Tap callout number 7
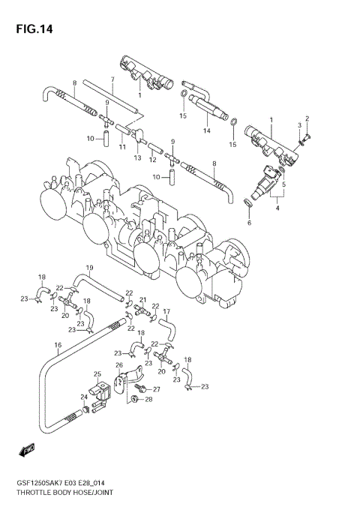tap(112, 79)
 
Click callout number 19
tap(89, 268)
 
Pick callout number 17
tap(166, 311)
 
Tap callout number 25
tap(97, 373)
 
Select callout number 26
tap(119, 365)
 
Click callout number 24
tap(84, 397)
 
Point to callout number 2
tap(306, 118)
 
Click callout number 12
tap(152, 159)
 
